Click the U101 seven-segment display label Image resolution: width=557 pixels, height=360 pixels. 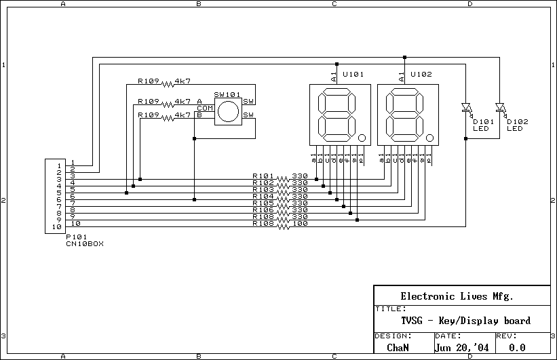[x=353, y=74]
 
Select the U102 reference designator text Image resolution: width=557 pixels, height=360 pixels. [x=421, y=74]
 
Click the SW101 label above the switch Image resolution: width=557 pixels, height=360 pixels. [x=227, y=95]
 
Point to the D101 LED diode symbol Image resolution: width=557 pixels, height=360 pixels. [x=466, y=107]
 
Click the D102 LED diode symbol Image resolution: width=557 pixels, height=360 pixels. [x=500, y=107]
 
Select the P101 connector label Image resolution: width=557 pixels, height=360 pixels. [x=75, y=237]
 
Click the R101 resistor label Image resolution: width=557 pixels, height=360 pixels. [x=263, y=176]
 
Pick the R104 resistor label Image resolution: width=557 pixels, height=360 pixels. [x=263, y=197]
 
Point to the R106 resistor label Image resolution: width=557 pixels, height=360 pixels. [x=263, y=210]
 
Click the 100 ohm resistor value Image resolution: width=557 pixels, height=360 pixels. [x=300, y=224]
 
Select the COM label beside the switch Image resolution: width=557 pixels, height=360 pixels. [x=204, y=108]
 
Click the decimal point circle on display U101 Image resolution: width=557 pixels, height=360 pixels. [x=362, y=138]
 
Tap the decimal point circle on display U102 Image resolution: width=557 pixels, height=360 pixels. [x=429, y=138]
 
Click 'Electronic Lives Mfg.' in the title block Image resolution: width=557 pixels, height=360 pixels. [x=457, y=296]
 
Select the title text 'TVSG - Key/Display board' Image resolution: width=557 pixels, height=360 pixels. [x=465, y=321]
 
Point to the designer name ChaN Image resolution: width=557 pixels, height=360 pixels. [x=398, y=347]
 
